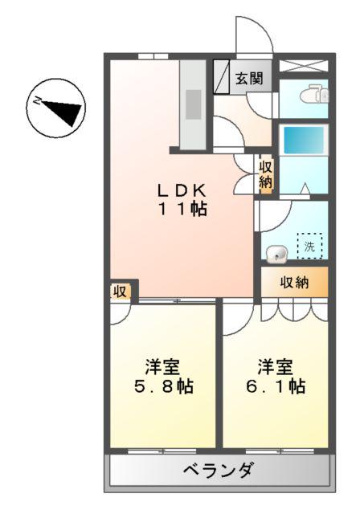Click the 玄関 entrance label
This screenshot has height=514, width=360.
(x=247, y=78)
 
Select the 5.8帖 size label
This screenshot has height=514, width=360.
(x=162, y=386)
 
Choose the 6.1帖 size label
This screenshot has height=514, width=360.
(x=275, y=386)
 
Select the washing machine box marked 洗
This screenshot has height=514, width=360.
(x=309, y=246)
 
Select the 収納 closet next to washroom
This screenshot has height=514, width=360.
(x=295, y=282)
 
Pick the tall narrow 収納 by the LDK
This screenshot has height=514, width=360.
(x=266, y=174)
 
